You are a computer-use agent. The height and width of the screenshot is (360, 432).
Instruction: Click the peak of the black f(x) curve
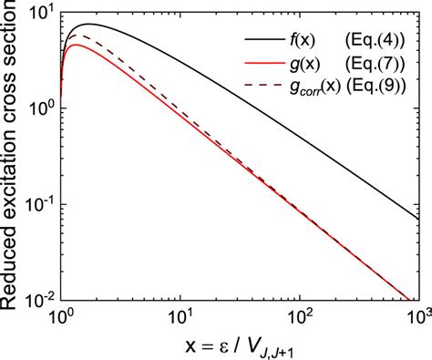[88, 25]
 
